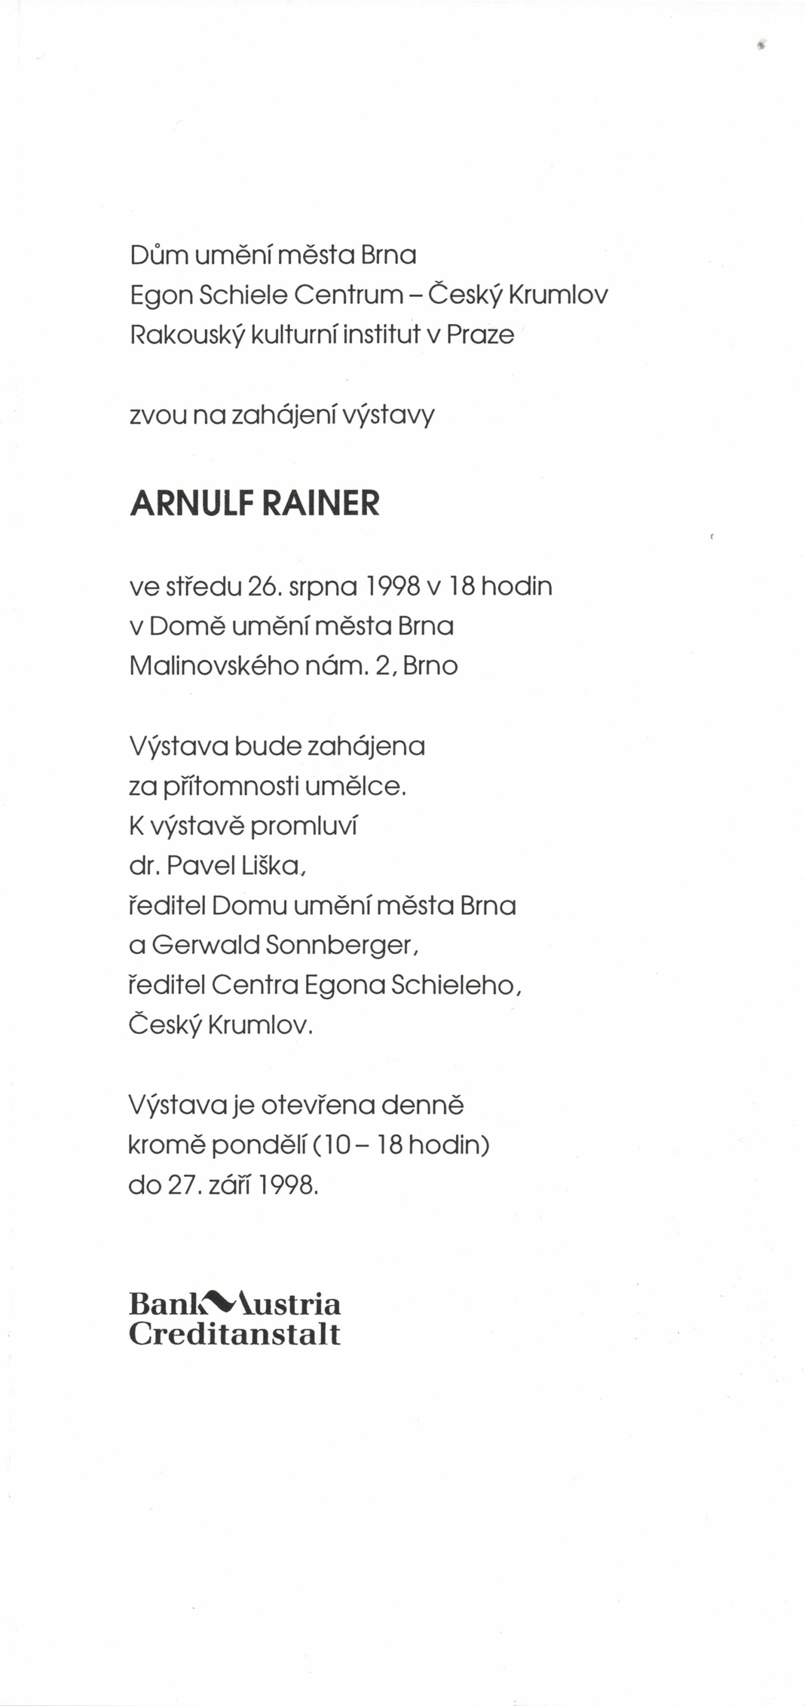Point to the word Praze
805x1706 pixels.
pos(480,334)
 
